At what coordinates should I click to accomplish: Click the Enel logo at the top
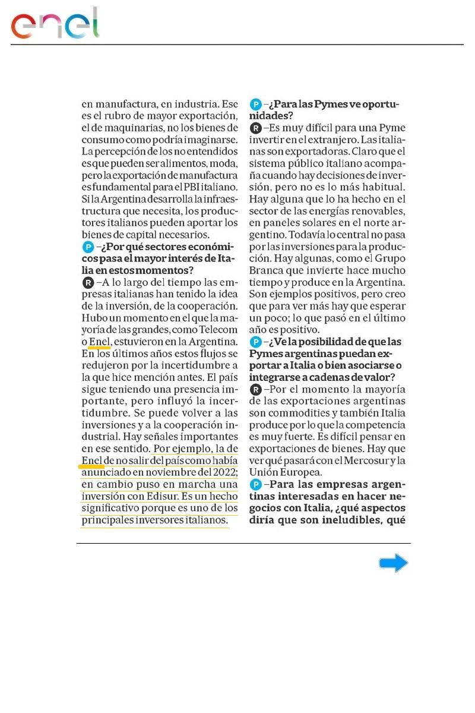[55, 24]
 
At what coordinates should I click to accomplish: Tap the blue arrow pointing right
[393, 563]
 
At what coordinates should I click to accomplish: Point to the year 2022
[221, 473]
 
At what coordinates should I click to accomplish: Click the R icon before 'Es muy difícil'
[255, 128]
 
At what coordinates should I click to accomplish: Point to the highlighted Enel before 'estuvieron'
[99, 342]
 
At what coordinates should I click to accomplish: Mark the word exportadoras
[309, 151]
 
